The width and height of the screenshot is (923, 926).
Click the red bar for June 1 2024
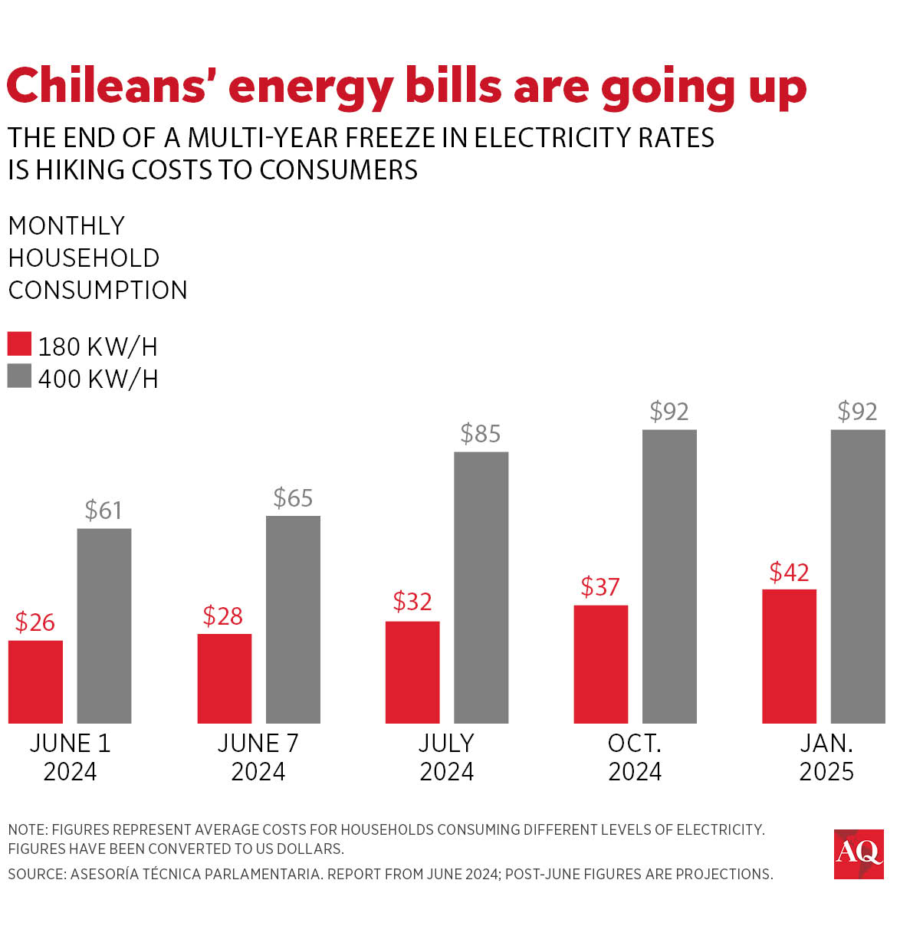pos(35,681)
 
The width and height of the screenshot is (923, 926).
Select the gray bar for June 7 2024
pos(293,619)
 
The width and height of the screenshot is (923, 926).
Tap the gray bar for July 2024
pos(481,587)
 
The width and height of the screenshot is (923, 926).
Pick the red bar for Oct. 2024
pos(600,664)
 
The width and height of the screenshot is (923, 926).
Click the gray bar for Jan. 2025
pos(857,576)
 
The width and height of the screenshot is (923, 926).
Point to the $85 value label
pos(480,434)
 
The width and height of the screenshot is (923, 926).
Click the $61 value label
pos(103,511)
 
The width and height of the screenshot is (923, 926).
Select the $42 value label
pos(789,573)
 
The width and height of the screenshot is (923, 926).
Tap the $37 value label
pos(599,587)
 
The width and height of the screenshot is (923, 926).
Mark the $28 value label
pos(222,616)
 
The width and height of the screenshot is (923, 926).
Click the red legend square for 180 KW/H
pos(19,344)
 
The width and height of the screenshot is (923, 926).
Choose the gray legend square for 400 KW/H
pos(19,376)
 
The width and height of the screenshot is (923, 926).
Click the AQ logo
pos(859,853)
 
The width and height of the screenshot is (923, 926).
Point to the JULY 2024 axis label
pos(446,757)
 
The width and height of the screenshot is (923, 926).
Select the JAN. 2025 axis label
pos(826,757)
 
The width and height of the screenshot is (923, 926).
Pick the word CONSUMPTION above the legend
pos(97,291)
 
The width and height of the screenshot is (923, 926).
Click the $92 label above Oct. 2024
pos(668,412)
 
